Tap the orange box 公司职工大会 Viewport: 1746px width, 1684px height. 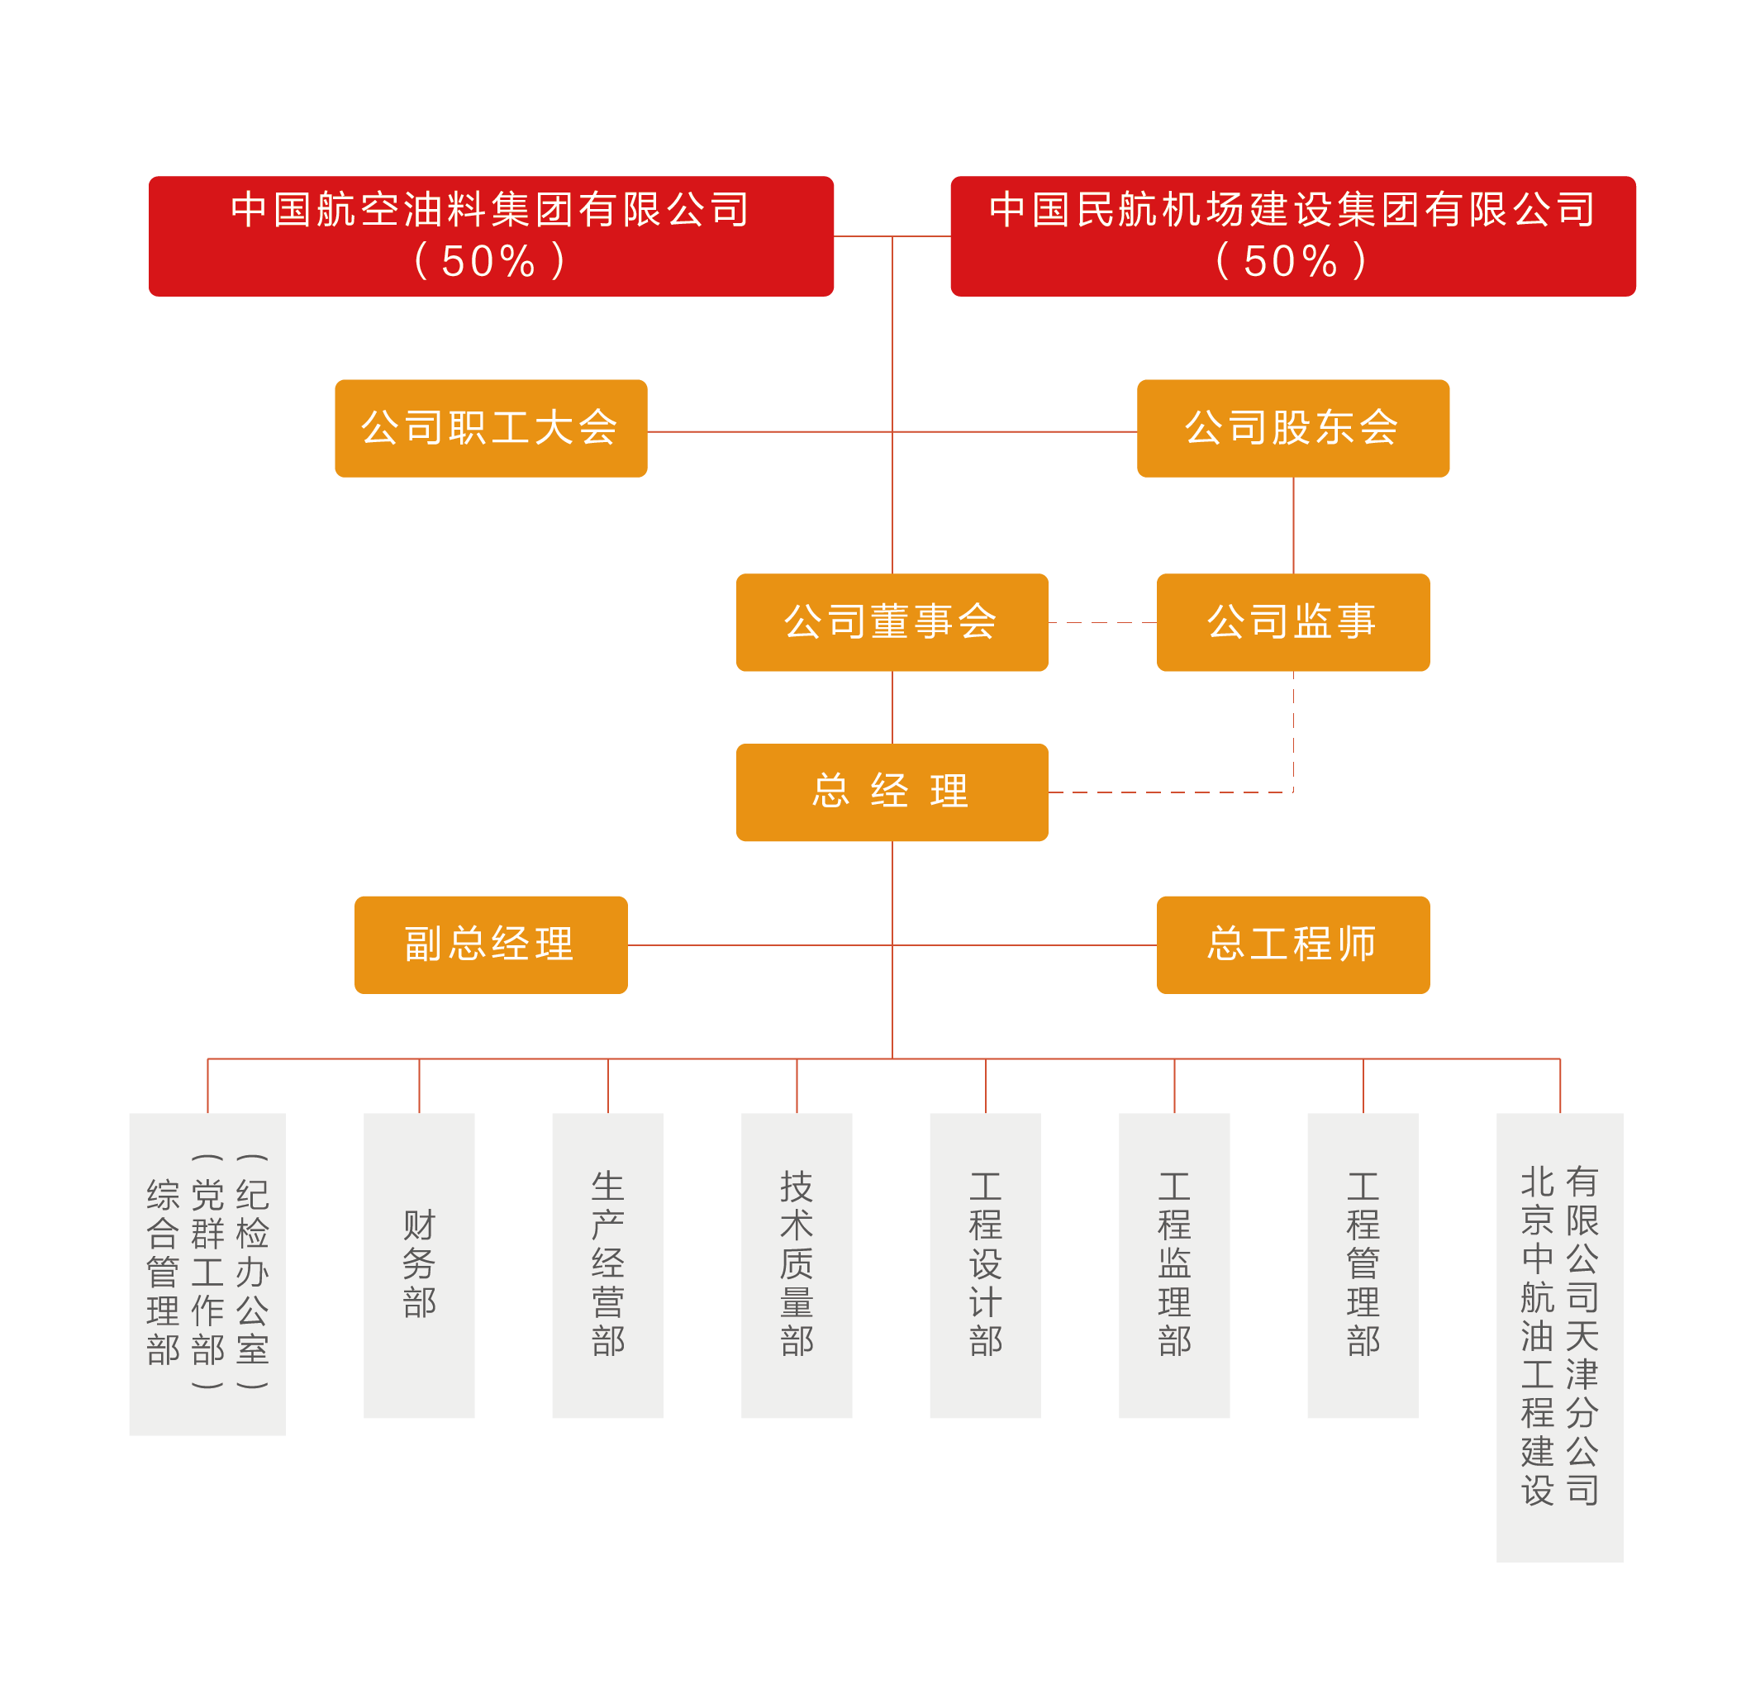[491, 429]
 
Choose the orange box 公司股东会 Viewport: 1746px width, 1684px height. [1292, 429]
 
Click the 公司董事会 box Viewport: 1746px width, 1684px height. [892, 622]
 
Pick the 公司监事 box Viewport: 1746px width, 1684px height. [1292, 622]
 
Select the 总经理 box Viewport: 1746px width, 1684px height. [892, 792]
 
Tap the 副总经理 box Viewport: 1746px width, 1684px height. [491, 944]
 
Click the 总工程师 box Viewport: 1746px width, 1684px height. [1292, 944]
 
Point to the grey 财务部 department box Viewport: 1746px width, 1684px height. [419, 1265]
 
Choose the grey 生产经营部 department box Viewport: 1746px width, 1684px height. [607, 1265]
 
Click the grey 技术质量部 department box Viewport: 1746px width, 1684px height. [797, 1265]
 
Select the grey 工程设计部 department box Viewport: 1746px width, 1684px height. [985, 1265]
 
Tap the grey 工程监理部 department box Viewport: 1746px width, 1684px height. [1174, 1265]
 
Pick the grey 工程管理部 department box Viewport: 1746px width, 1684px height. [1363, 1265]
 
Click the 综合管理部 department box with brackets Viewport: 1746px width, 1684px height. [207, 1274]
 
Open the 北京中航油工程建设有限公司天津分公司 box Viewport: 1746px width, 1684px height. [1560, 1336]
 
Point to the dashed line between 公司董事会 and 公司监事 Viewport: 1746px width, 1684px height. [1102, 622]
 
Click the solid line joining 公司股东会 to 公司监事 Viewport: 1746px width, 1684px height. [1293, 526]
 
